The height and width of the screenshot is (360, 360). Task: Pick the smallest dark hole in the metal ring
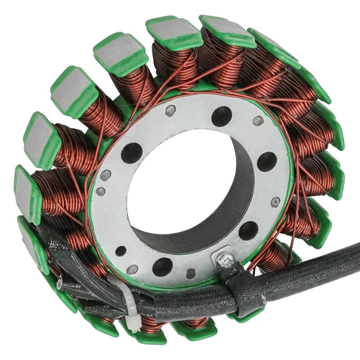121,251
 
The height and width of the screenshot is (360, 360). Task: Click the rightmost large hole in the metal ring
267,162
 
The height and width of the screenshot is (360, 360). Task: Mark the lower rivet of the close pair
101,191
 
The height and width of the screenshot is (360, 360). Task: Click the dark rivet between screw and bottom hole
191,273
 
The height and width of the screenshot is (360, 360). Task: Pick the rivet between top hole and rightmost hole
258,121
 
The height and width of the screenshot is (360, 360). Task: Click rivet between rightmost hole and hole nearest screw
275,202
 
